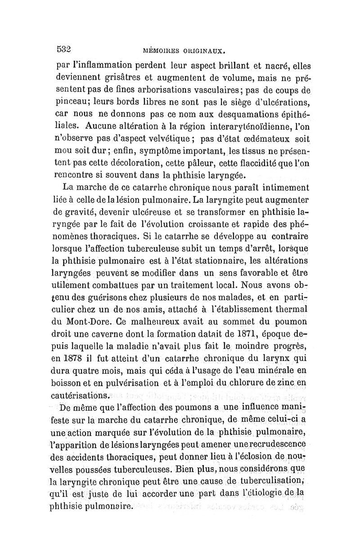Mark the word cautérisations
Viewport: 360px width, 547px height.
tap(83, 396)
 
